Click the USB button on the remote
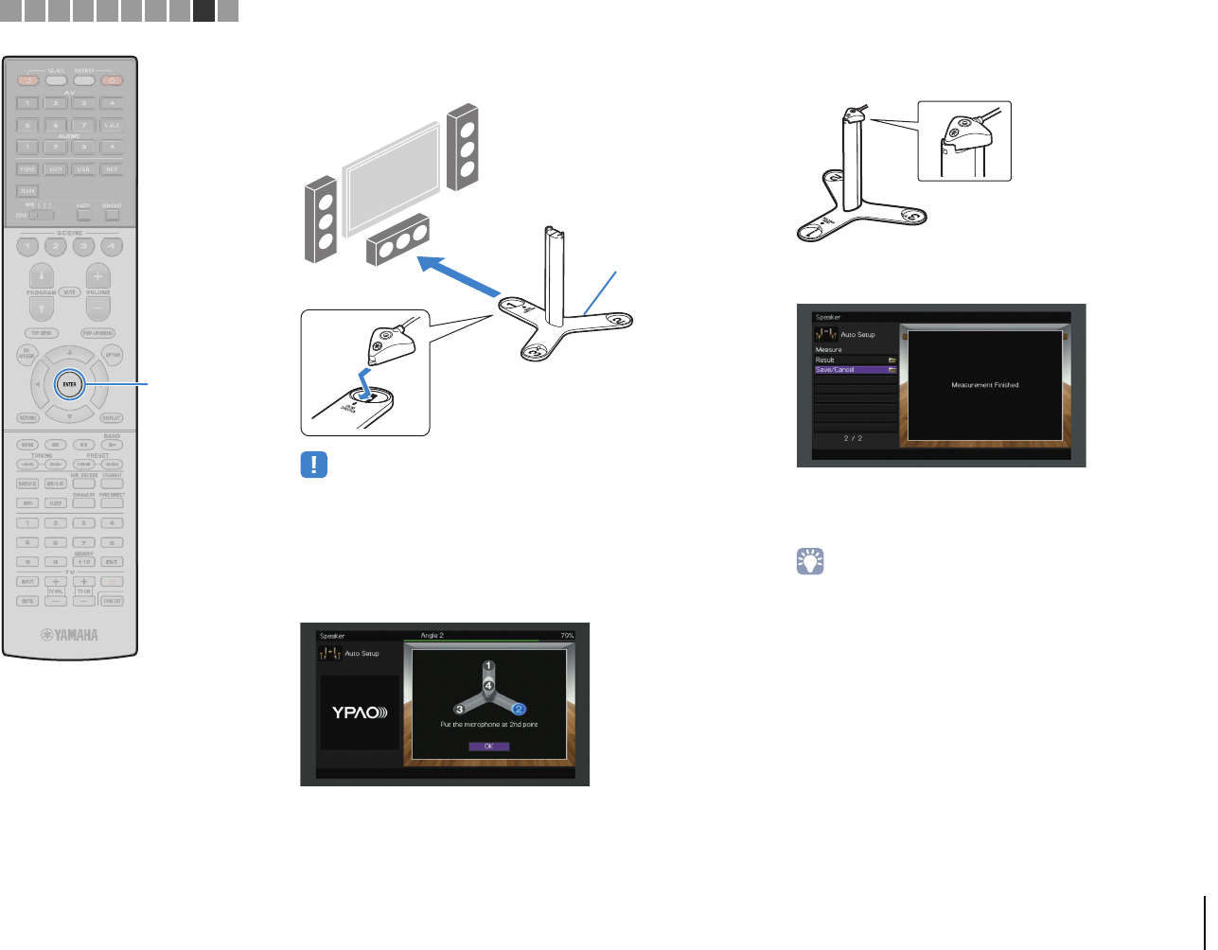click(x=83, y=169)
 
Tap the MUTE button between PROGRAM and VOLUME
click(x=70, y=292)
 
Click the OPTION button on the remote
click(x=113, y=355)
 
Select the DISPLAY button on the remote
click(x=112, y=417)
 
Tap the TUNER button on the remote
click(x=27, y=191)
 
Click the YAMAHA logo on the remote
click(x=69, y=635)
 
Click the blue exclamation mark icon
click(x=314, y=465)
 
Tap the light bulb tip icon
click(x=811, y=561)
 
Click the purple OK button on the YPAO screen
click(x=488, y=747)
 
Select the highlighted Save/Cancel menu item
click(x=856, y=370)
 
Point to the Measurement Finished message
click(x=984, y=385)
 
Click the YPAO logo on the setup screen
click(x=360, y=712)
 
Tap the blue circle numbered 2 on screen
click(x=519, y=709)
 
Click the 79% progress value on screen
click(x=567, y=636)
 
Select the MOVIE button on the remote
click(x=27, y=484)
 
